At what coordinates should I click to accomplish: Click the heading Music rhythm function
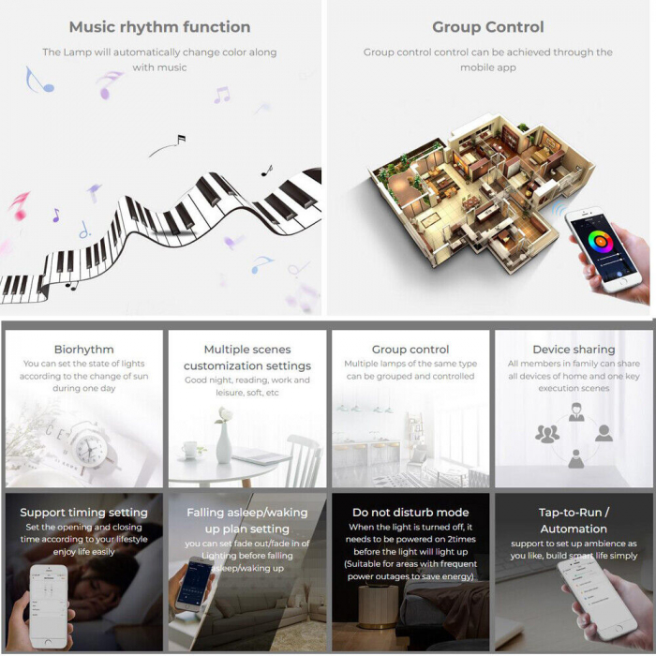(160, 27)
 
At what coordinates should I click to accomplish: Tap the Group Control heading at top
(488, 27)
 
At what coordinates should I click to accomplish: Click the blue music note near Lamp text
(38, 80)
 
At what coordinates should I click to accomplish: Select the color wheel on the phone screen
(601, 242)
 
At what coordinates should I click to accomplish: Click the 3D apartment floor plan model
(481, 192)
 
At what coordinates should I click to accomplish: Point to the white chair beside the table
(304, 460)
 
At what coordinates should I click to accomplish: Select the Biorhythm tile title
(83, 350)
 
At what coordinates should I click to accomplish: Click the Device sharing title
(574, 350)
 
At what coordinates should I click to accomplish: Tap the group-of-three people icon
(546, 434)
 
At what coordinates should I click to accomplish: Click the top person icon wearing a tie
(576, 412)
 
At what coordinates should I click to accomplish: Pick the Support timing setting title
(83, 513)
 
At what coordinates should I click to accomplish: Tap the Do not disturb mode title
(410, 513)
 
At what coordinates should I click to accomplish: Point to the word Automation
(574, 529)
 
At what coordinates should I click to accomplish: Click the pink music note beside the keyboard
(20, 205)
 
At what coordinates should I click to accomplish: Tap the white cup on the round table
(189, 450)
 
